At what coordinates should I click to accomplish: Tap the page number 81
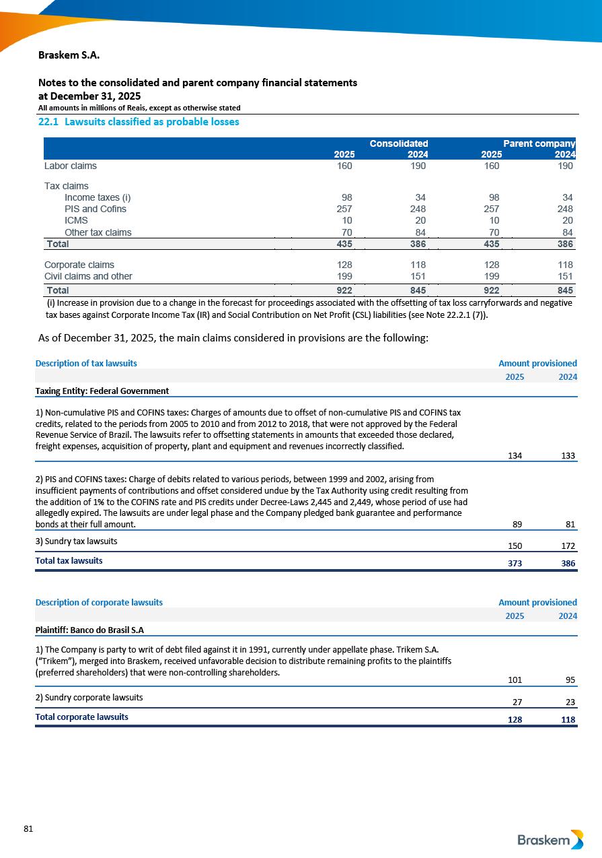28,829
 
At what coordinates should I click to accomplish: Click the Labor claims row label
71,166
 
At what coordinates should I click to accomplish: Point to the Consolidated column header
399,143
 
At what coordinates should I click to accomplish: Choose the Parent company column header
539,143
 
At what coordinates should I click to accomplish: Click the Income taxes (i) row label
98,197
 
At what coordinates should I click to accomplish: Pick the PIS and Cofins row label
96,209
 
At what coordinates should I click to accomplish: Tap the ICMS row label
76,220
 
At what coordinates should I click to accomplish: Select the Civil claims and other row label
88,276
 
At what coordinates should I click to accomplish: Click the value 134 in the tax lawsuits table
515,456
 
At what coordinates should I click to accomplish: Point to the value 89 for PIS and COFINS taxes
517,524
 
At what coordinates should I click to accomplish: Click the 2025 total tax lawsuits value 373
515,564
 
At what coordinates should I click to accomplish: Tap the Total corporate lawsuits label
81,717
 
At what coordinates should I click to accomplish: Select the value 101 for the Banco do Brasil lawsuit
515,680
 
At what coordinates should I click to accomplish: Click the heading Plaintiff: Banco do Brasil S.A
89,630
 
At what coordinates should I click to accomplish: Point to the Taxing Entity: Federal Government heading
102,391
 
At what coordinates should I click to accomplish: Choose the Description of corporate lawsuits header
99,602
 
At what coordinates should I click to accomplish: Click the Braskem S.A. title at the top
69,55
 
